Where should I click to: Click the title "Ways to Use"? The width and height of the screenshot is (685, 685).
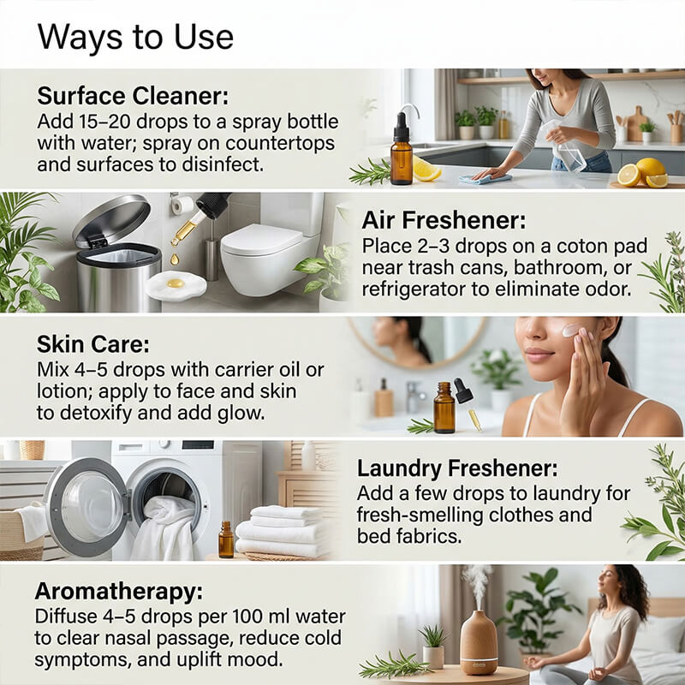[x=135, y=36]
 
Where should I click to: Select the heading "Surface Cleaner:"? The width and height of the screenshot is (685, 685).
[x=133, y=93]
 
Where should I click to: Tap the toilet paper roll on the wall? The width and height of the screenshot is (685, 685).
[x=182, y=205]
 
